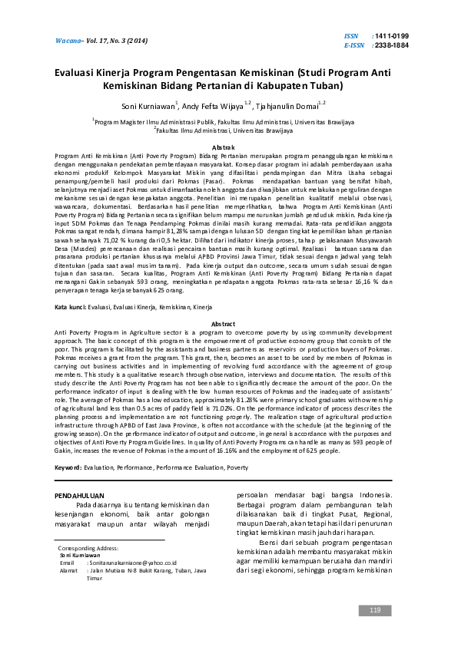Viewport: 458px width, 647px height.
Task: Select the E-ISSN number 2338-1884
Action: (394, 45)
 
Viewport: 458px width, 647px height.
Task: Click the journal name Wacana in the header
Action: (67, 39)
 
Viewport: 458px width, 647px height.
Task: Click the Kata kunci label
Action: (71, 307)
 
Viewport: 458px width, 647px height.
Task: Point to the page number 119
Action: (375, 610)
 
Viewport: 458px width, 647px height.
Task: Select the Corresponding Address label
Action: (88, 549)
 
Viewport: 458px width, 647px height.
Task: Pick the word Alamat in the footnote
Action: (68, 570)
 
